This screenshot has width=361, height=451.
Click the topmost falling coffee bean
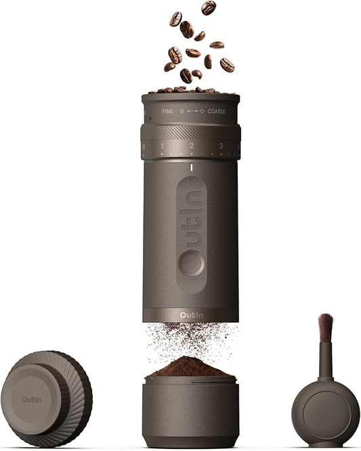coord(209,7)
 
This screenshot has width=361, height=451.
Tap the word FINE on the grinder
coord(167,110)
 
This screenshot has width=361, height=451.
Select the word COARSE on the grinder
coord(216,110)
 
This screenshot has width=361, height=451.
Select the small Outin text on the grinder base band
coord(191,314)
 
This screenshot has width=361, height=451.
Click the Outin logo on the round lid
coord(31,400)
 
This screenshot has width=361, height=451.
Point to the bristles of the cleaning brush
coord(325,328)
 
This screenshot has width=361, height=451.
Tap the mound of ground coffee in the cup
coord(190,368)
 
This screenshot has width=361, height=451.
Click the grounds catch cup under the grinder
coord(190,413)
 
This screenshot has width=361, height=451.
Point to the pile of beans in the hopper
coord(190,89)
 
